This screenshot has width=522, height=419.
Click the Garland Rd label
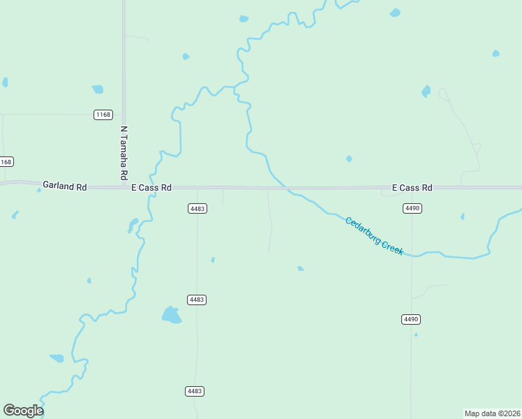[64, 186]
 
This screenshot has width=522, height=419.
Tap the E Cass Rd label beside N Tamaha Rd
[151, 188]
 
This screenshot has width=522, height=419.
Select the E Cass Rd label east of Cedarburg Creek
[412, 188]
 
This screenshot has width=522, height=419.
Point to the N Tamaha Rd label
[124, 152]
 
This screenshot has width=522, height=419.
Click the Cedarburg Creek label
[374, 236]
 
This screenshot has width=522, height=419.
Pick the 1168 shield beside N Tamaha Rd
[103, 115]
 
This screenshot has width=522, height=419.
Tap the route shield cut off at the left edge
[6, 162]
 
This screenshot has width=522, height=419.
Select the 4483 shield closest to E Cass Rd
[197, 208]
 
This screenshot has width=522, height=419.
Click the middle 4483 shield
[197, 300]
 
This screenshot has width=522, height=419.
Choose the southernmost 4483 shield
[196, 391]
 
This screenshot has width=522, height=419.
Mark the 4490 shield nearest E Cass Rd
[412, 208]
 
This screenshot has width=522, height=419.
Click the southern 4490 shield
[412, 319]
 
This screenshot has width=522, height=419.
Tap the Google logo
[23, 410]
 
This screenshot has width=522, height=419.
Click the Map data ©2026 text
[492, 413]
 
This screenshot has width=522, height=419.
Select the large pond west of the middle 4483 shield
[171, 315]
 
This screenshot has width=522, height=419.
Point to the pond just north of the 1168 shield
[98, 89]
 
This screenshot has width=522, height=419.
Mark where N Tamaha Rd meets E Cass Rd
[124, 187]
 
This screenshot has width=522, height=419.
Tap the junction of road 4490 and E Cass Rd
[412, 188]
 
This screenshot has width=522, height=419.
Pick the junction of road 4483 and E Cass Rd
[197, 188]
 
